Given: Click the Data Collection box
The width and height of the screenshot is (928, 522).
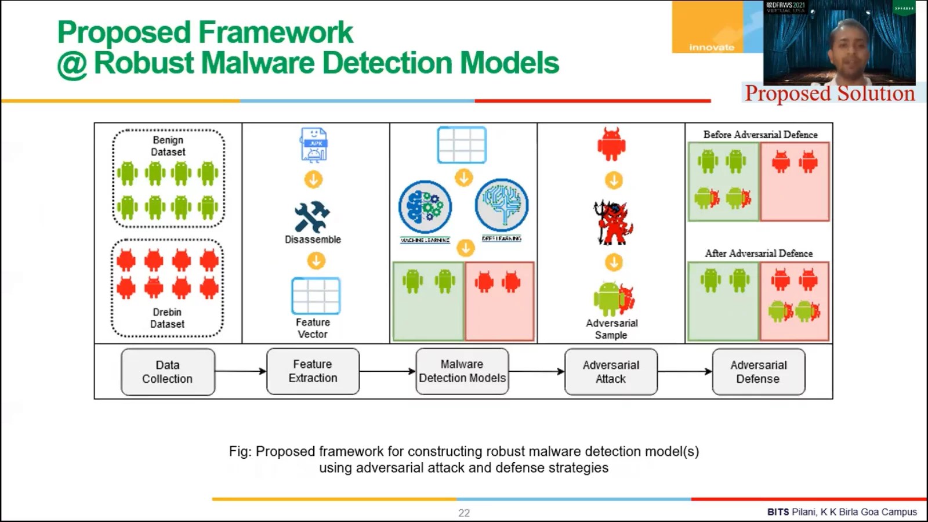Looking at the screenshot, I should point(168,372).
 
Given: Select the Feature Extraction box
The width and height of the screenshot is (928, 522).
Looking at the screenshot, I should point(313,371).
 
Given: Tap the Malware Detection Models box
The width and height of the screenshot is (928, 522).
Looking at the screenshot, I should point(462,371).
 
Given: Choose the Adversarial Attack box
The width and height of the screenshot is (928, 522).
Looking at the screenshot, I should point(611,372).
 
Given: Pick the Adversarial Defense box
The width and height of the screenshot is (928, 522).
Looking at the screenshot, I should point(758,372).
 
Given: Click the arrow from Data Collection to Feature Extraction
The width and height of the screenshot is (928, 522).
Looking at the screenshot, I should point(240,371).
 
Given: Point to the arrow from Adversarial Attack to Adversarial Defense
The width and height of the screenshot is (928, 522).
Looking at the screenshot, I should point(684,371).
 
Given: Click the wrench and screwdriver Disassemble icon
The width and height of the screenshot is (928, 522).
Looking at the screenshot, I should point(312,217).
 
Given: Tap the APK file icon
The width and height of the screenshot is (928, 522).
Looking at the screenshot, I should point(314,144).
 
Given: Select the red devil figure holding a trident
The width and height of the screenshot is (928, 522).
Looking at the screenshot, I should point(613,223).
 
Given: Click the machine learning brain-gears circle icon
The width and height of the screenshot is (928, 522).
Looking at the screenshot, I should point(425,207).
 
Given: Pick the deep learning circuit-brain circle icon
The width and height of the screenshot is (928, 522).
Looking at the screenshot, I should point(502,205).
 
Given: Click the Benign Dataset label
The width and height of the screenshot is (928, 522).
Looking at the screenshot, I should point(168,146).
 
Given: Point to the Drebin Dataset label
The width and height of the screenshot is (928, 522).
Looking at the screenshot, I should point(167,318).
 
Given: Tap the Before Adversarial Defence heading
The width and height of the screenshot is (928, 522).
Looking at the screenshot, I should point(760,135).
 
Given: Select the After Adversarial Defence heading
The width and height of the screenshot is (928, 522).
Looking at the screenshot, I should point(758,253).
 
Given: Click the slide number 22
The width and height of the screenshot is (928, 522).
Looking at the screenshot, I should point(464,513).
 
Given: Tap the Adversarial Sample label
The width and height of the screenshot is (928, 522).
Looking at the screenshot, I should point(611,329).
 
